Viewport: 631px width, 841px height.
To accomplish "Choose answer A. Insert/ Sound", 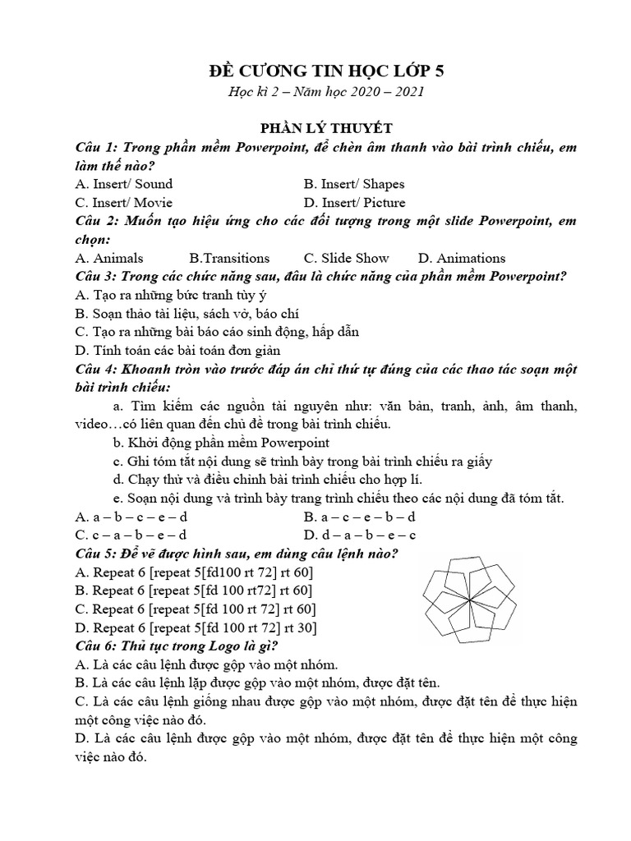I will coord(123,184).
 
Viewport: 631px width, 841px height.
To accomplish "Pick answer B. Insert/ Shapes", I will coord(353,184).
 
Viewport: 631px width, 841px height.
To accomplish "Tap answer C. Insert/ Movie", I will coord(123,202).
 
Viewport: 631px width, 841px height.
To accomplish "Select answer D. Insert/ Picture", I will coord(354,202).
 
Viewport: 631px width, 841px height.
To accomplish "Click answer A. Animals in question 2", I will coord(108,258).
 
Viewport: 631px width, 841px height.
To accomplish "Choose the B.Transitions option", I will coord(229,258).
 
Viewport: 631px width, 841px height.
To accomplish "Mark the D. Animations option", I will coord(462,258).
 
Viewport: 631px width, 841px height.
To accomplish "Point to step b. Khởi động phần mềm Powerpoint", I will coord(221,443).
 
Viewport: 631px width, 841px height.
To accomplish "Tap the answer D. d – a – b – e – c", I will coord(360,535).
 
